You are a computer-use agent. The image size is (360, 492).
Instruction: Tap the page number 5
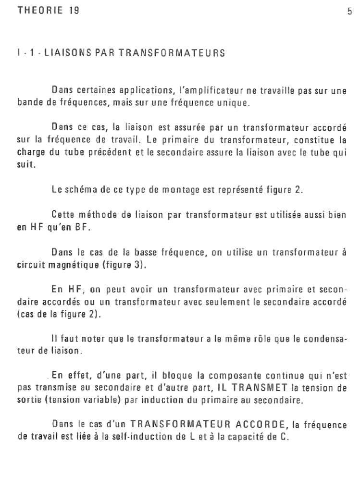[349, 12]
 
